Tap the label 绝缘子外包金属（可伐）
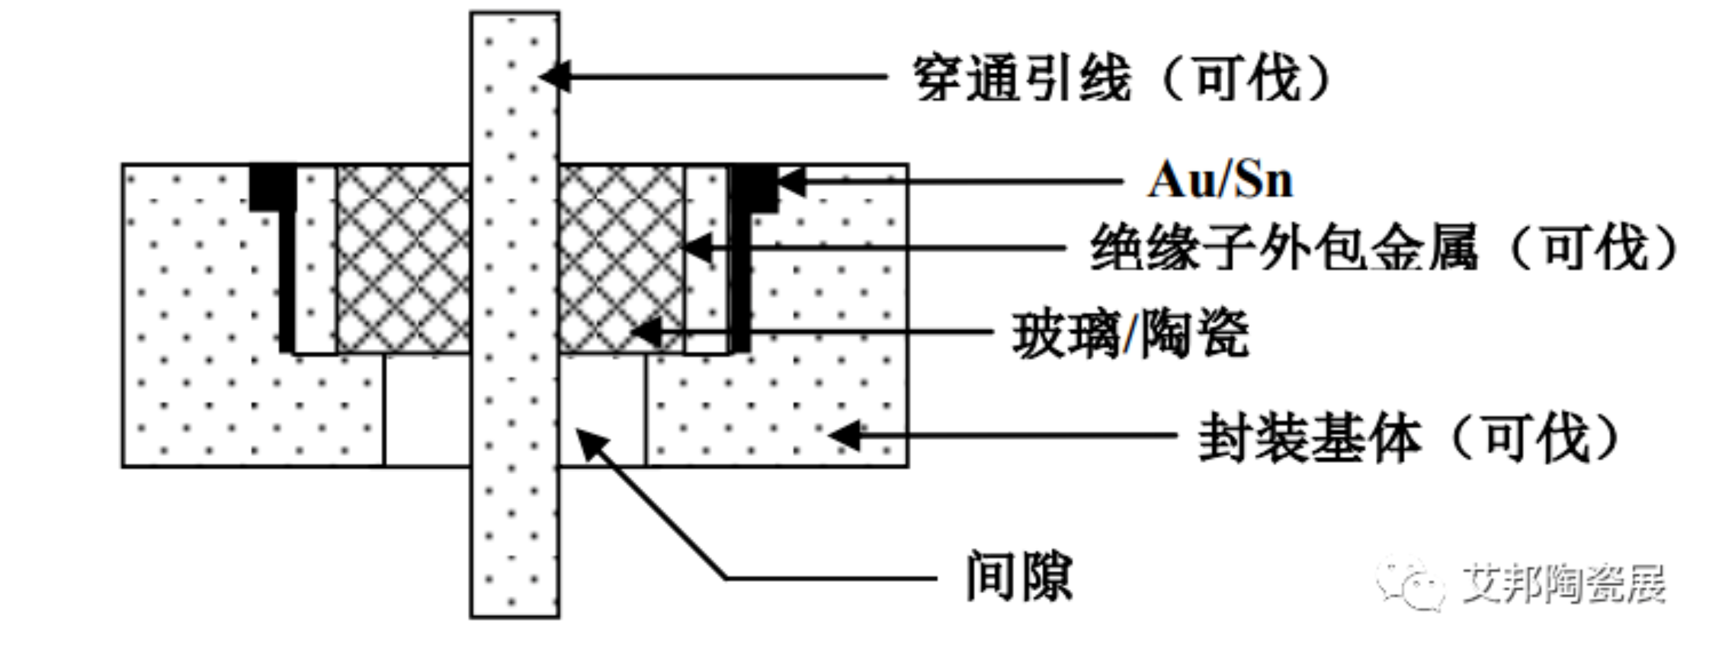point(1384,248)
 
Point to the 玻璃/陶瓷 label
point(1130,334)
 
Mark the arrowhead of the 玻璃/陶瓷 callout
point(645,332)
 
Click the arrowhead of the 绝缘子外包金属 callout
point(695,248)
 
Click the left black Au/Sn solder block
point(273,187)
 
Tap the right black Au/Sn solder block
point(754,187)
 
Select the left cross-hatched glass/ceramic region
point(403,259)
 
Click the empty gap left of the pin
point(428,409)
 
